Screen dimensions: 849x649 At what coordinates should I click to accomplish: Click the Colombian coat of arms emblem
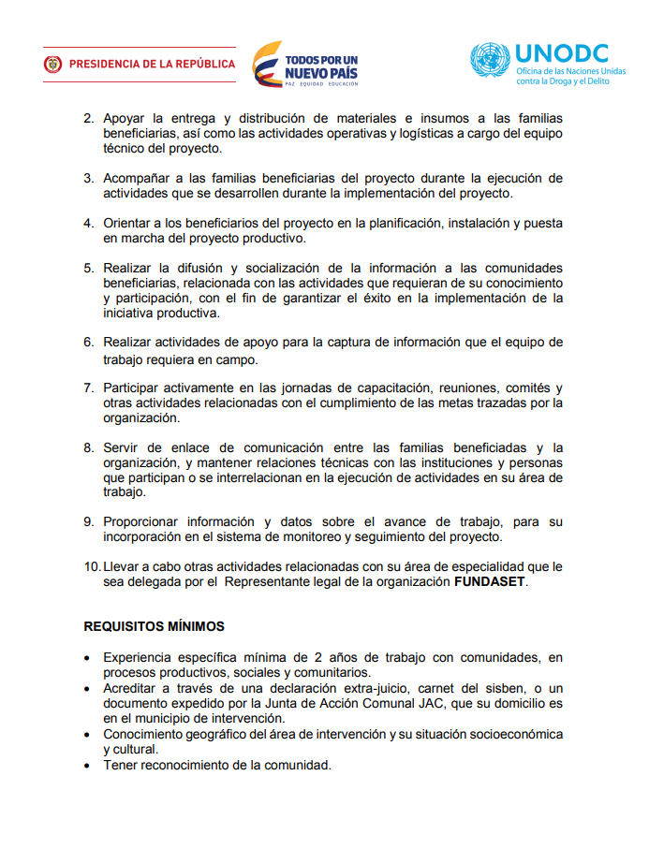pos(52,65)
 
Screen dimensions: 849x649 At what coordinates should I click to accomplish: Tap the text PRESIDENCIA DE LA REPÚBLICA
pos(152,65)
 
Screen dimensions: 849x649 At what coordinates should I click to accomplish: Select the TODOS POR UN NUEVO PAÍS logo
pos(305,64)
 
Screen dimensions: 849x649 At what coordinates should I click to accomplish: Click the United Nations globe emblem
pos(491,61)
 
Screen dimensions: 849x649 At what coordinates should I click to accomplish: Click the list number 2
pos(89,119)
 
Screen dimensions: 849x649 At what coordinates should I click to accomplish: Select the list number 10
pos(92,566)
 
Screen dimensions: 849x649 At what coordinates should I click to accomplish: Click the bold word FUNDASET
pos(491,581)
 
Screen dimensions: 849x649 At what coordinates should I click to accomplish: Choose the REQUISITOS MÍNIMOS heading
pos(154,625)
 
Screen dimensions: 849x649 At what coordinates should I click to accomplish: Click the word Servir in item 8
pos(122,447)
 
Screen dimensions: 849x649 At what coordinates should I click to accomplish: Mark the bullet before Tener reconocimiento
pos(88,766)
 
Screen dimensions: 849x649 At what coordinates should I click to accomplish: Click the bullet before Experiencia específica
pos(88,658)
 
